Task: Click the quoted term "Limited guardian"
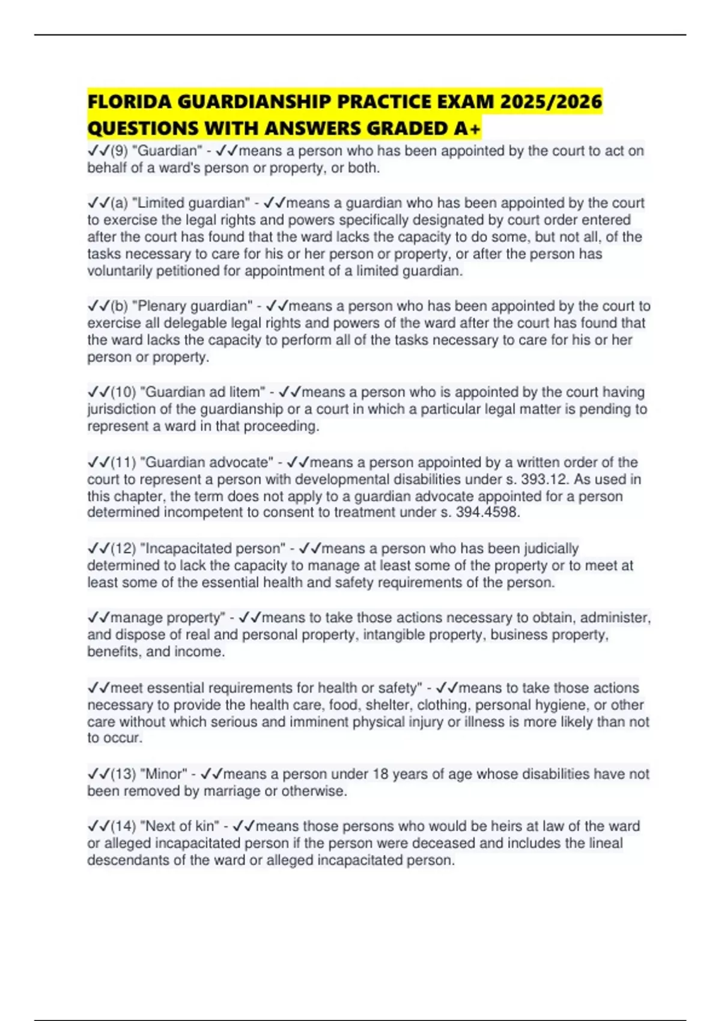pos(190,203)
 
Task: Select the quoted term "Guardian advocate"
pos(207,462)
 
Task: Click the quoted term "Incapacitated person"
pos(213,548)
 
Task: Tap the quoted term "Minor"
pos(163,774)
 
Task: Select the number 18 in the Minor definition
pos(380,774)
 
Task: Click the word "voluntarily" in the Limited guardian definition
pos(120,271)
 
